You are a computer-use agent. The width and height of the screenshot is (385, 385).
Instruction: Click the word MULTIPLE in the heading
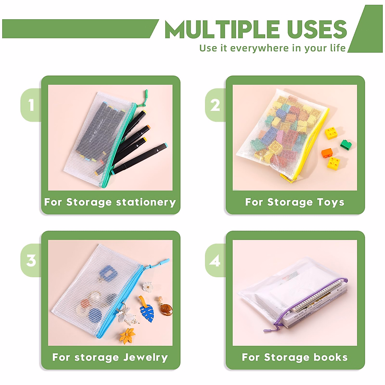(222, 30)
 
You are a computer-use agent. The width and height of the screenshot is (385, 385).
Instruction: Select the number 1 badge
(31, 105)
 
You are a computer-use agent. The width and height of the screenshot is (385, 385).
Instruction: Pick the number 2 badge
(215, 105)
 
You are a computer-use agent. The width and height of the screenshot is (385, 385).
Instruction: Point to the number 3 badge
(31, 260)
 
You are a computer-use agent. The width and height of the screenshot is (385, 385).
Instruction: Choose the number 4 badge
(215, 260)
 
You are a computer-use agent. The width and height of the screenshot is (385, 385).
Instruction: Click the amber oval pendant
(166, 309)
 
